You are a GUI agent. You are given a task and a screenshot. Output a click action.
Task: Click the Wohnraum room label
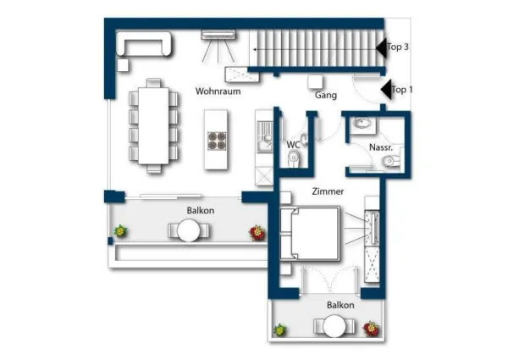218,91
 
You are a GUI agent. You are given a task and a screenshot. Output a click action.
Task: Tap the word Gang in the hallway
326,95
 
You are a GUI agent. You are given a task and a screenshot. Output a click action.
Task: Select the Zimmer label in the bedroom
328,191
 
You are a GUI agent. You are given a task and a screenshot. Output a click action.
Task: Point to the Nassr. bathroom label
381,147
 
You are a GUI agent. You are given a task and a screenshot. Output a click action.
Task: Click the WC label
293,145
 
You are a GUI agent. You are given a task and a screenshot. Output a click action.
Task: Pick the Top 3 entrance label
398,47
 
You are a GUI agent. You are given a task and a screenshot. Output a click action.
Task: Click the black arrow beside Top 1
386,90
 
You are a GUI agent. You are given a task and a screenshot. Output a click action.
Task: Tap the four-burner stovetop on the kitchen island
217,141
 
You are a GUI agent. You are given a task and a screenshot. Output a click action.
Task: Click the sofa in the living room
144,44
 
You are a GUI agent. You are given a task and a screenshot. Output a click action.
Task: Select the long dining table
153,125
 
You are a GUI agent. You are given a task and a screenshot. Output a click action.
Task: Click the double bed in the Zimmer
310,234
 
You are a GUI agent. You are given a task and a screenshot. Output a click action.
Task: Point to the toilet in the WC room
294,158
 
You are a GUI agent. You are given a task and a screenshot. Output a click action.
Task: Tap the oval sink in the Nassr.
362,124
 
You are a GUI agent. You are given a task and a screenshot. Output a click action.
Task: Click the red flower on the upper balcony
257,233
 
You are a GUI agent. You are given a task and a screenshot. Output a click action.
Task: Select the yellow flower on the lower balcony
279,330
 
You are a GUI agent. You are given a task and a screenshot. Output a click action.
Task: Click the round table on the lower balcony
334,326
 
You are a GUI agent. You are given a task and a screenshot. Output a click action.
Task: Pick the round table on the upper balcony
189,230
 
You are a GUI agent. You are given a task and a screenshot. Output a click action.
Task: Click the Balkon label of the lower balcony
340,305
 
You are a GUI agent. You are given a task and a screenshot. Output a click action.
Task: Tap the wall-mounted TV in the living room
218,34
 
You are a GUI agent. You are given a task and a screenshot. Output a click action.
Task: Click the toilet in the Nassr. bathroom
390,161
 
